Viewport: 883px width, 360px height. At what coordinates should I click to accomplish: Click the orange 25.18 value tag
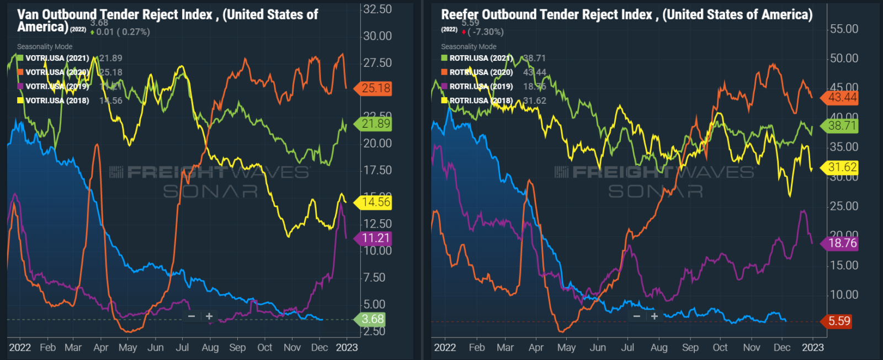tap(376, 88)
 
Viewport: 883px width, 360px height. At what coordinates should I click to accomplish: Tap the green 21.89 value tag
tap(376, 124)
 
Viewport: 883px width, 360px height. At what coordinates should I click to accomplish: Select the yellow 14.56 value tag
tap(376, 202)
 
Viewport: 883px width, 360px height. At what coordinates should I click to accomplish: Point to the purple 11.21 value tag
tap(376, 239)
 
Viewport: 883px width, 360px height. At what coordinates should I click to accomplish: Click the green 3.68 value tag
tap(373, 319)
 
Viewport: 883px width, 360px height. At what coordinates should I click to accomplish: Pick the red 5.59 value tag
tap(839, 321)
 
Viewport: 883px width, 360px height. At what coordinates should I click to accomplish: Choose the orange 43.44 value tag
tap(842, 98)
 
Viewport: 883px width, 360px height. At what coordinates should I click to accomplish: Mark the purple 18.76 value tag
tap(842, 243)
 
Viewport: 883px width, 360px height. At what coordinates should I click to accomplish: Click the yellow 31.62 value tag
tap(842, 167)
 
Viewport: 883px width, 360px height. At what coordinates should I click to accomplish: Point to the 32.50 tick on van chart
tap(377, 9)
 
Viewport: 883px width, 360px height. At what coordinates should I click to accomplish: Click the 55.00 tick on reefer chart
tap(844, 29)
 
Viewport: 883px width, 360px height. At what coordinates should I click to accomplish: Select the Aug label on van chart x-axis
tap(210, 347)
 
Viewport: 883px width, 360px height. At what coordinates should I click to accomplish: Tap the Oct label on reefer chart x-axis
tap(720, 347)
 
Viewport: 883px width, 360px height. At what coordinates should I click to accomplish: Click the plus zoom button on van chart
tap(209, 316)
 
